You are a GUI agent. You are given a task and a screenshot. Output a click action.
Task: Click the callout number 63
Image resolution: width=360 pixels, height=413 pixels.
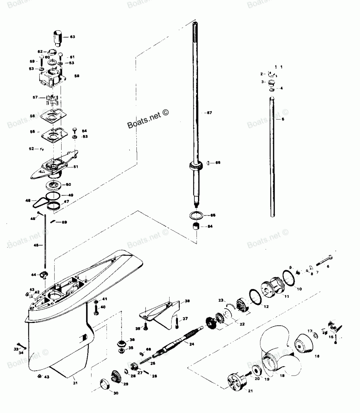pos(72,37)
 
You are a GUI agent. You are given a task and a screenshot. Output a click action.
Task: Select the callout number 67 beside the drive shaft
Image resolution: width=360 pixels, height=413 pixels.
pos(209,113)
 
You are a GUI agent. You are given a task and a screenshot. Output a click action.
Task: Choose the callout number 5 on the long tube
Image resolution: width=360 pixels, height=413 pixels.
pos(283,119)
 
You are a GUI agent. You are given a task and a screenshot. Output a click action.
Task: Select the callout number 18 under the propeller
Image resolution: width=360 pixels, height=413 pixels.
pos(282,375)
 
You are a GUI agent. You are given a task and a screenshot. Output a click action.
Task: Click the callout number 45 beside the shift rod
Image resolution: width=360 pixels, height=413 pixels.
pos(36,246)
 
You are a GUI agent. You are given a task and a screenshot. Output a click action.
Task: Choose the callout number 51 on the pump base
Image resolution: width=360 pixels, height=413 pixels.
pos(76,166)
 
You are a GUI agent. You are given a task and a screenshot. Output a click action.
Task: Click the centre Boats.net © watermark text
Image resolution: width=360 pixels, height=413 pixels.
pos(148,119)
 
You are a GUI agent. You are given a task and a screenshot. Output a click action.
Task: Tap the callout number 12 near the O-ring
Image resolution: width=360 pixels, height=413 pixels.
pos(266,307)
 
